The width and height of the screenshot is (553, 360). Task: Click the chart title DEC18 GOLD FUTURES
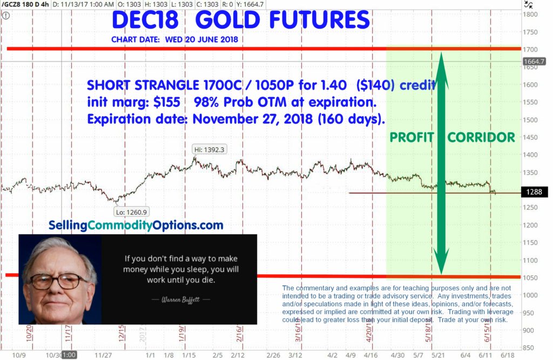click(x=241, y=21)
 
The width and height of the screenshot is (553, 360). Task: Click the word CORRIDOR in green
click(x=481, y=138)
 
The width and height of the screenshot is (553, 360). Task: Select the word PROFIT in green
click(x=412, y=138)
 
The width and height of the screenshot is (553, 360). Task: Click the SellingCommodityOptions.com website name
click(x=136, y=225)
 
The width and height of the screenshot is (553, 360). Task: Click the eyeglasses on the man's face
click(x=59, y=281)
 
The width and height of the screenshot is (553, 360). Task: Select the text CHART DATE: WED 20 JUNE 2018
click(x=174, y=39)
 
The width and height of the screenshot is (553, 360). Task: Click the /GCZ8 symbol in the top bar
click(x=11, y=4)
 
